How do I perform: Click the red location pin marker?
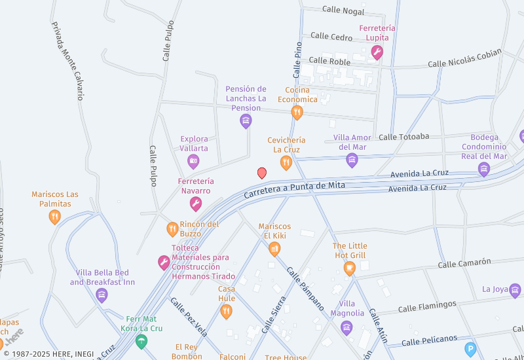262,173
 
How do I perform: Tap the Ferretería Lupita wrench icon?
377,52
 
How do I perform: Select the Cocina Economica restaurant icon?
297,113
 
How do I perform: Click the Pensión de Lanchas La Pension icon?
246,120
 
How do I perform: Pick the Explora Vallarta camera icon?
193,161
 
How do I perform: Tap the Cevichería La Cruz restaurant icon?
286,162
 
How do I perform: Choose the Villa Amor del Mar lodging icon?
352,160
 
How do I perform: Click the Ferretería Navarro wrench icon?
195,204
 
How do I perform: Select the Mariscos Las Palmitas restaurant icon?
55,217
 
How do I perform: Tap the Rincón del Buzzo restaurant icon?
172,229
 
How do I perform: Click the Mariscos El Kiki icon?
274,248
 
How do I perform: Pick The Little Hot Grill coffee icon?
350,267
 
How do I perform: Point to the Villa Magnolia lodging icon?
346,327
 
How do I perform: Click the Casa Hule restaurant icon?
226,311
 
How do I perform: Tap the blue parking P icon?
470,349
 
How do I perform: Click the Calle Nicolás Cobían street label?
464,58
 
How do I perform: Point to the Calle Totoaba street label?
403,137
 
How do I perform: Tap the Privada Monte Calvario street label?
68,60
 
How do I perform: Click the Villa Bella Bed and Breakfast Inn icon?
102,295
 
